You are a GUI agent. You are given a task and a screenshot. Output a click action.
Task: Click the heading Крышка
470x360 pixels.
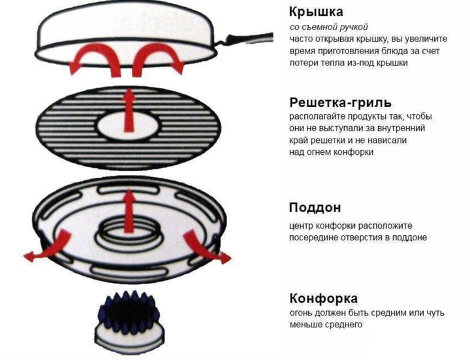pyautogui.click(x=316, y=12)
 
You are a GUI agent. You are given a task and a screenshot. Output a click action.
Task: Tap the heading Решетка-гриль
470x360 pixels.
pyautogui.click(x=341, y=103)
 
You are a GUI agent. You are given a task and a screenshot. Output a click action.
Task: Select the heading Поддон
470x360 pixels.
pyautogui.click(x=315, y=208)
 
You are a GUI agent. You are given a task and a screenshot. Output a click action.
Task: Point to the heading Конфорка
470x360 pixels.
pyautogui.click(x=324, y=299)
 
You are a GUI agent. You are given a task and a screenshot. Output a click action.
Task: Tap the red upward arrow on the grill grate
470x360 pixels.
pyautogui.click(x=129, y=110)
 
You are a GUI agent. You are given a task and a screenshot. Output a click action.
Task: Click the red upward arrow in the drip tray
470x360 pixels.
pyautogui.click(x=129, y=210)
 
